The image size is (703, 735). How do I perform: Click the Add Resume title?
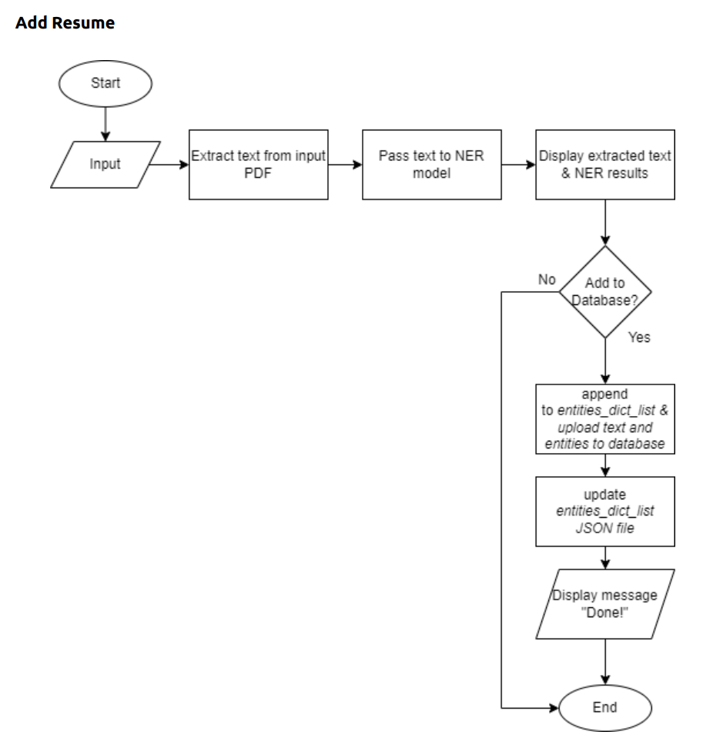(65, 23)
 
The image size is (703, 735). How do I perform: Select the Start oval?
(105, 82)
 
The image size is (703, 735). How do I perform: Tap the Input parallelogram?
(105, 164)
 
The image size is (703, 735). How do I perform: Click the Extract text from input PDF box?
(259, 164)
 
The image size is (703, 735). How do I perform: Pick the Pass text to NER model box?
(431, 164)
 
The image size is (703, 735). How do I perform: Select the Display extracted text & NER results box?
(604, 164)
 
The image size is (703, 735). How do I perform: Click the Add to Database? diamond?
(604, 292)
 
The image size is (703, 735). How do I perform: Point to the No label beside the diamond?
(547, 279)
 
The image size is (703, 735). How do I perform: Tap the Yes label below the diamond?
(639, 337)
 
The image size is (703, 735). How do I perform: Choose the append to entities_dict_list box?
(604, 418)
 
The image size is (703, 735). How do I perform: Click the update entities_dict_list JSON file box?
(604, 511)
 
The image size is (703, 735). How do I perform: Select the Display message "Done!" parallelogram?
(604, 603)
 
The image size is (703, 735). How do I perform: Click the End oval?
(604, 706)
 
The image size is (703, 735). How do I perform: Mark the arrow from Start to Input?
(105, 122)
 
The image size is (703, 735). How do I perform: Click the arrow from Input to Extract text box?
(171, 164)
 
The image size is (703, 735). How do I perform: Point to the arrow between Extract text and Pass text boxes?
(345, 164)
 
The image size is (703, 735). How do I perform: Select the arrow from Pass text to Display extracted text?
(517, 164)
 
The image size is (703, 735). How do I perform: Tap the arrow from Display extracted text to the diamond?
(604, 223)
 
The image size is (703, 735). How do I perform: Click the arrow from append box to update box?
(604, 465)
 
